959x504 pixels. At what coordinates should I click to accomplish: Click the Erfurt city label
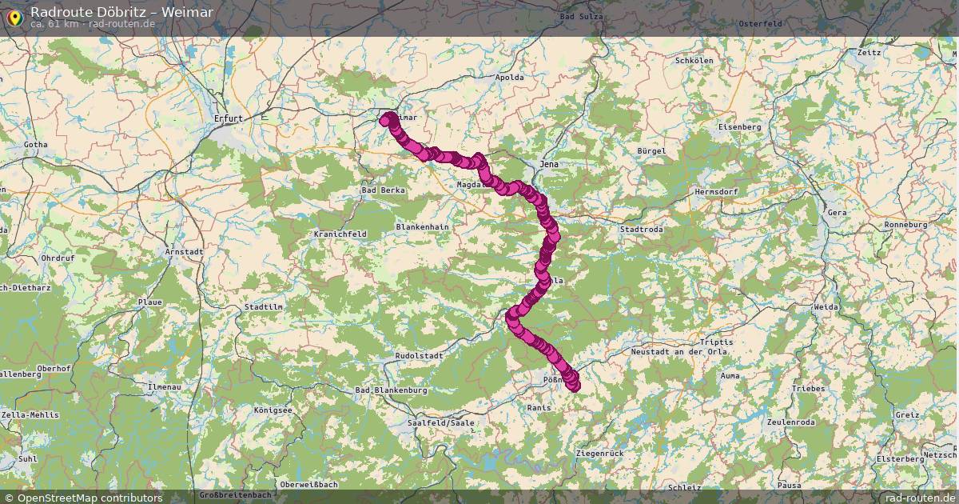(x=228, y=118)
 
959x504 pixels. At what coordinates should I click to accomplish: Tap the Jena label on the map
(x=550, y=164)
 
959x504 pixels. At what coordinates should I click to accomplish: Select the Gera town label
(x=836, y=213)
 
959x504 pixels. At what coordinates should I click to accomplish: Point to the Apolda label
(x=509, y=78)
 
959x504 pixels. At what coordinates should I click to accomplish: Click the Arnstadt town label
(x=184, y=251)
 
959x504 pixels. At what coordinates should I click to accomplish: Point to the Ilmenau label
(x=164, y=386)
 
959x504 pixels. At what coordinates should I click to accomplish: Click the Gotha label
(x=36, y=145)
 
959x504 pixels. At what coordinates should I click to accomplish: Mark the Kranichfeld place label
(x=340, y=234)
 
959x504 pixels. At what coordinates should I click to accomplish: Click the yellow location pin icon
(x=14, y=16)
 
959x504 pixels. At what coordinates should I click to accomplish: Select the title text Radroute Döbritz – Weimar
(x=121, y=11)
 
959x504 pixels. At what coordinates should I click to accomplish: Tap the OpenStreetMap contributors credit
(x=89, y=498)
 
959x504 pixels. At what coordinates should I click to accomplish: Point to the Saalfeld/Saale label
(x=440, y=422)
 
